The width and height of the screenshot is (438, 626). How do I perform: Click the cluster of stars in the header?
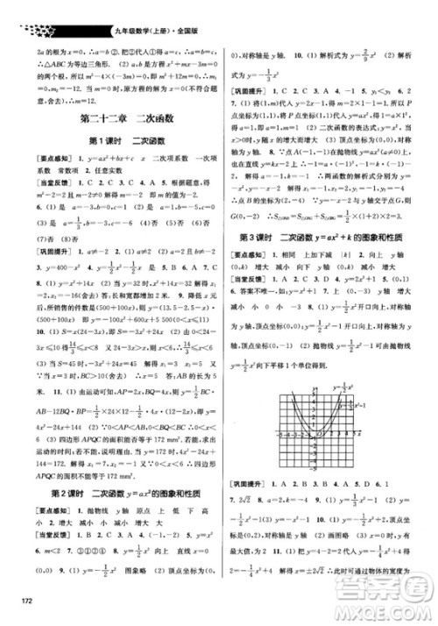[30, 11]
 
